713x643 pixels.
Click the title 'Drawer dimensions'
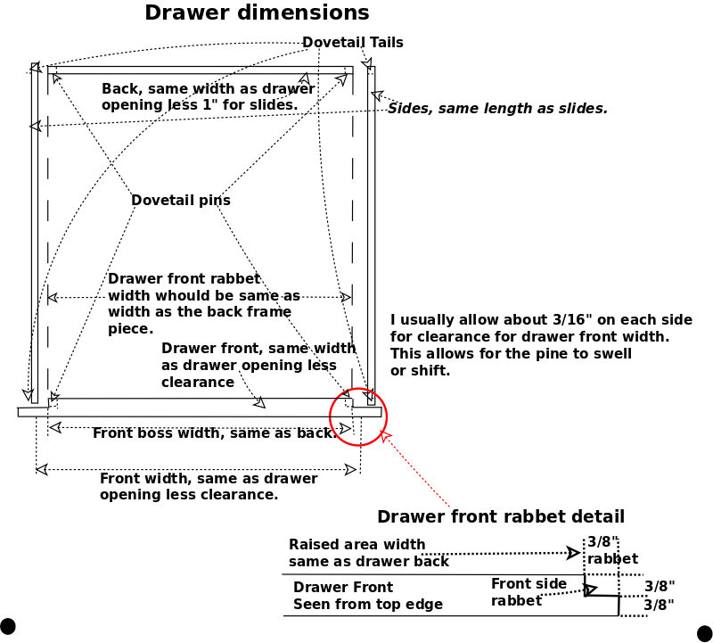257,12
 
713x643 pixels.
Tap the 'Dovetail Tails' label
352,42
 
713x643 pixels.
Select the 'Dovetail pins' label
181,201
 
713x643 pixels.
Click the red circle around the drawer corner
358,388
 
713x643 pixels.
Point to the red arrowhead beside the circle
385,437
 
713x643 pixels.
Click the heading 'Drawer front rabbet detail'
501,516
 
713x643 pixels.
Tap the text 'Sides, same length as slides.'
497,108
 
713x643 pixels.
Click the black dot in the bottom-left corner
7,626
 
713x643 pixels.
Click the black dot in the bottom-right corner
705,633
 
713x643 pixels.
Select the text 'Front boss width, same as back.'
215,433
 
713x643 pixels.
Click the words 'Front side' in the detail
529,583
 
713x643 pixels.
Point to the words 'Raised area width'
357,544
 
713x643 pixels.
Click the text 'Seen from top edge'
368,604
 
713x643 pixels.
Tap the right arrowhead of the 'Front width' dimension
350,470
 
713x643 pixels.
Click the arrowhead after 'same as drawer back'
573,553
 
